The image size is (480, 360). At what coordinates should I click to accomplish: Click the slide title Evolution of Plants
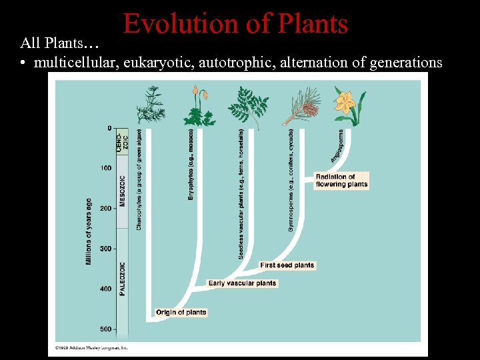[x=235, y=25]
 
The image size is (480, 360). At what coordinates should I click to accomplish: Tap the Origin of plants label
[x=181, y=312]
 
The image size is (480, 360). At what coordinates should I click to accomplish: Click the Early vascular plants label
[x=242, y=283]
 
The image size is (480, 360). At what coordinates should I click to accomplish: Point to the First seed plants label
[x=287, y=265]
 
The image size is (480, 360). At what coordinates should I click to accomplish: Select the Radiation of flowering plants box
[x=341, y=181]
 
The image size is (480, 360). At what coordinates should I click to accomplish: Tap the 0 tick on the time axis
[x=109, y=128]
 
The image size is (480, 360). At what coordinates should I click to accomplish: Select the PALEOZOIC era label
[x=122, y=279]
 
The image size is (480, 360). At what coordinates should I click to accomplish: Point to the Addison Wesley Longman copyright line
[x=91, y=347]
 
